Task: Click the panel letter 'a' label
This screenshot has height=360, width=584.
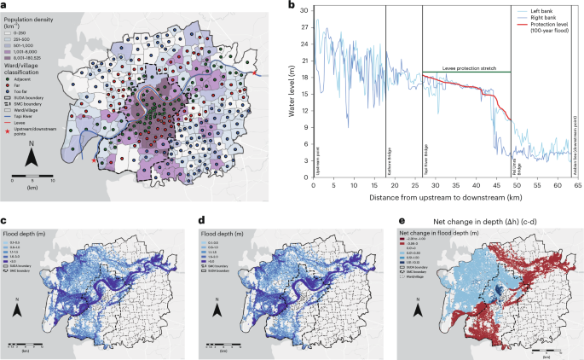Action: pos(5,5)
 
